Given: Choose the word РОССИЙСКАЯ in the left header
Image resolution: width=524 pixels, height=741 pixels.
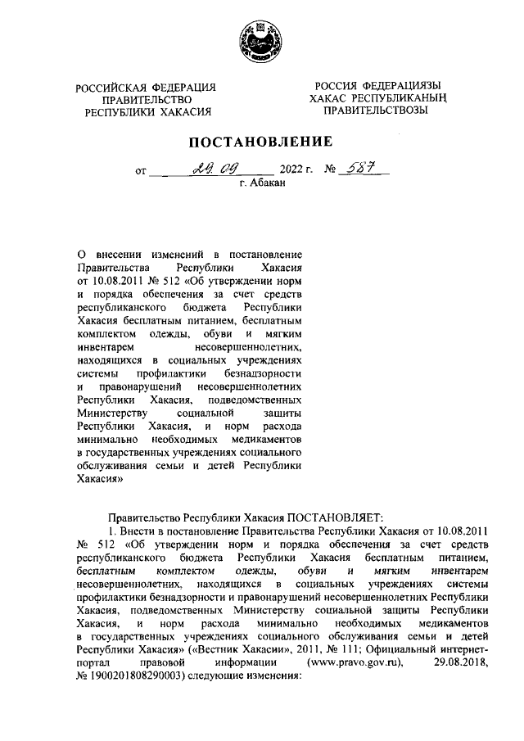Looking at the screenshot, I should point(115,88).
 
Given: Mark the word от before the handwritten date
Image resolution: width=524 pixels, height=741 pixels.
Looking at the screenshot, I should point(140,173).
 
